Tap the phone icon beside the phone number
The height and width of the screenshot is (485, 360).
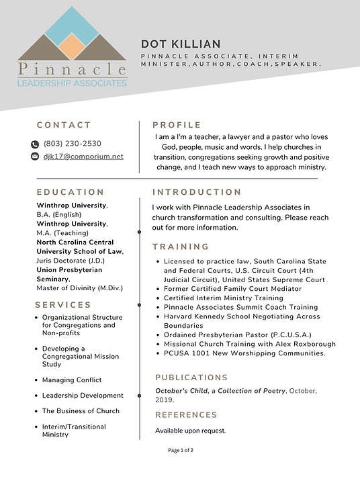35,144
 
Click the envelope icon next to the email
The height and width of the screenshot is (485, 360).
35,157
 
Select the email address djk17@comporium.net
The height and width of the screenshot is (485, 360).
83,157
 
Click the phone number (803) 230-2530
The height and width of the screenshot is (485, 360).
73,144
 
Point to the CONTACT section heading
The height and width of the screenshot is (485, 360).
64,125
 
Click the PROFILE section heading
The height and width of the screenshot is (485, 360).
177,125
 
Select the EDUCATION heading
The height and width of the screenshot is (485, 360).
71,192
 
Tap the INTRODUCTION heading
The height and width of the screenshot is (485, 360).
197,192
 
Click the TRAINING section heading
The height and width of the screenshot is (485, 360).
181,247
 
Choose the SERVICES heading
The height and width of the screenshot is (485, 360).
64,304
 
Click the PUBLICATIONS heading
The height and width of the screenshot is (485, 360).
191,378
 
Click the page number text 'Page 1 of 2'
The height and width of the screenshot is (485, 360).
181,450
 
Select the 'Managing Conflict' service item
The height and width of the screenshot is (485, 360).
72,380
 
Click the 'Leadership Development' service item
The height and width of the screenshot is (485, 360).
83,396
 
